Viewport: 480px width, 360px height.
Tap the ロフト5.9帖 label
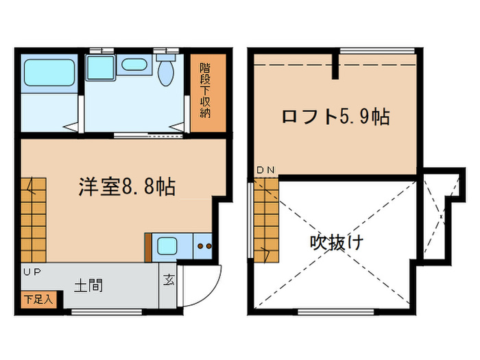pyautogui.click(x=335, y=117)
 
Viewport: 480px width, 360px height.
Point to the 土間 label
pyautogui.click(x=89, y=283)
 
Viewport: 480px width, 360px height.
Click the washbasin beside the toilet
pyautogui.click(x=132, y=66)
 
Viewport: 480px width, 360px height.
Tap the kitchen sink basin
pyautogui.click(x=167, y=245)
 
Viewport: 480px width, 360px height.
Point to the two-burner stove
pyautogui.click(x=204, y=245)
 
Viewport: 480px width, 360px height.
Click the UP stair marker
pyautogui.click(x=31, y=272)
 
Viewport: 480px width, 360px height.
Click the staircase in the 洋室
pyautogui.click(x=33, y=218)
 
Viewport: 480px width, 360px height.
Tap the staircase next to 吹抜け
pyautogui.click(x=267, y=219)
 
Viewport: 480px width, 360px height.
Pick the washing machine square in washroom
pyautogui.click(x=100, y=67)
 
